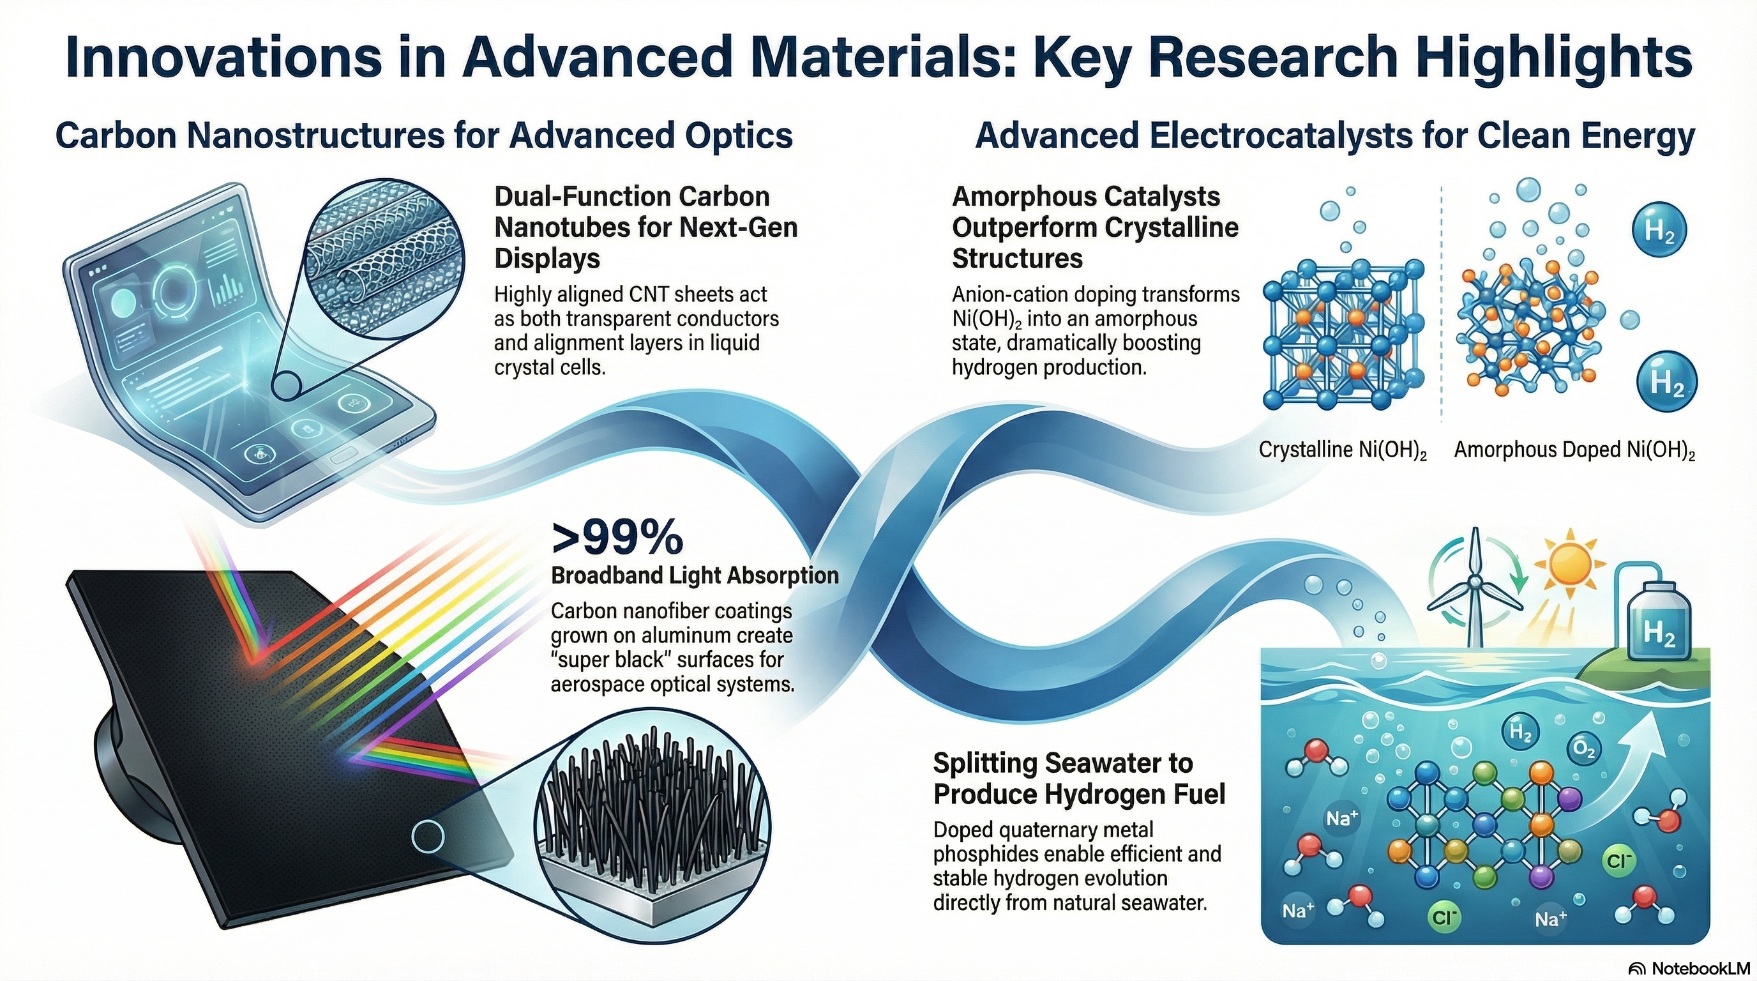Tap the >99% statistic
coord(617,538)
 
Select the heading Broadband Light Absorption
coord(695,575)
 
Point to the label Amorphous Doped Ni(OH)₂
coord(1574,450)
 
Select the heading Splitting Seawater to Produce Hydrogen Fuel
coord(1079,779)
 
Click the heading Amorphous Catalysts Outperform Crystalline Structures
coord(1096,227)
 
